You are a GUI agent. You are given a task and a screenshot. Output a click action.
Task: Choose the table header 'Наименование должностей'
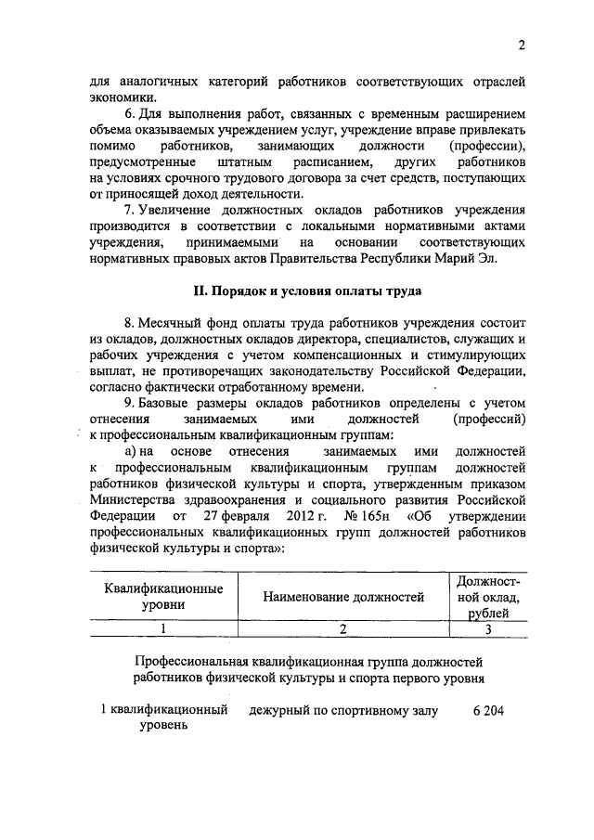point(343,597)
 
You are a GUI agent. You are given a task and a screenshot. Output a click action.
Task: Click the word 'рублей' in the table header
point(487,614)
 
